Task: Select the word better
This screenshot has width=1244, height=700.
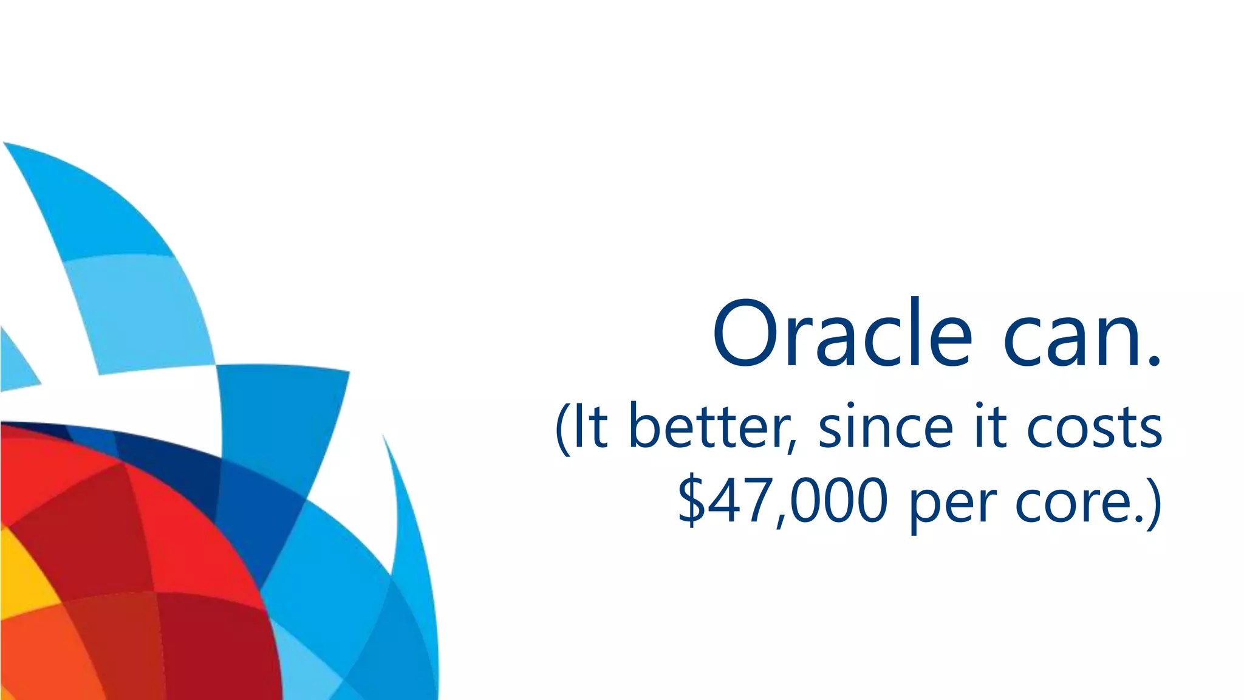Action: pyautogui.click(x=708, y=427)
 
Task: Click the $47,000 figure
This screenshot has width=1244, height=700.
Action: pyautogui.click(x=782, y=502)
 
